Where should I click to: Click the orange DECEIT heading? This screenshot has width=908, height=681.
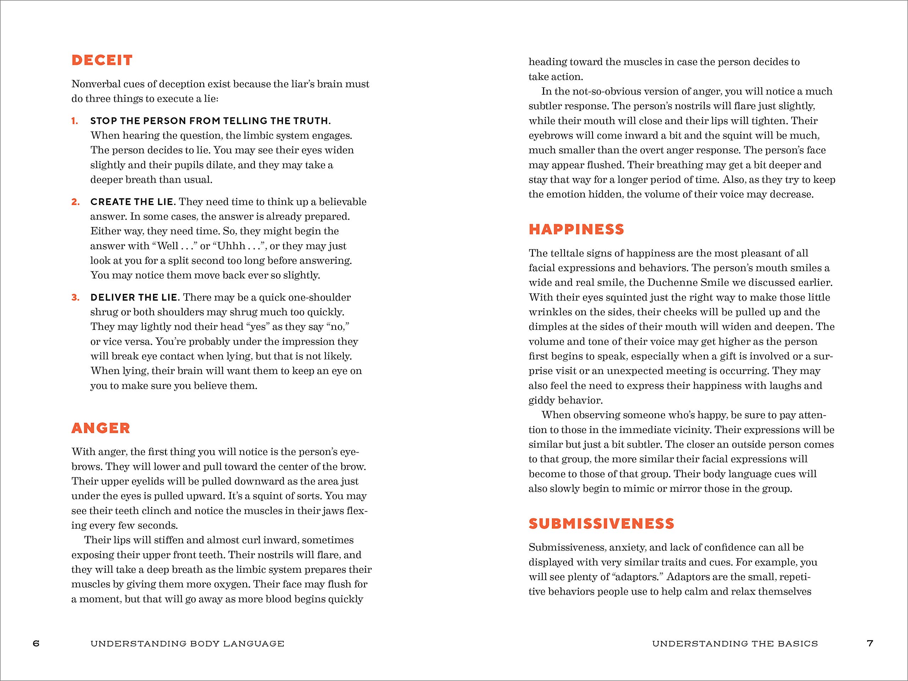[102, 60]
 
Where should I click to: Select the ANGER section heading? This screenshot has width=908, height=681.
[101, 428]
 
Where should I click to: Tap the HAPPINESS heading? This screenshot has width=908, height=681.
[576, 229]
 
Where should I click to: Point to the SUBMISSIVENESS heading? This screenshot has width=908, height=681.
[601, 524]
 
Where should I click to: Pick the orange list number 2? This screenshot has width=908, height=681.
[75, 201]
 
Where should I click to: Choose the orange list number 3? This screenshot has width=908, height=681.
[75, 297]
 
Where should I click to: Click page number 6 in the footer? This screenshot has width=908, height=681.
[36, 643]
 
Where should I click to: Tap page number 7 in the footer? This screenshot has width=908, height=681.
[870, 643]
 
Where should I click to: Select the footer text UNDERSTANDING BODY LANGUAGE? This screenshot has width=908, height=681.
[187, 644]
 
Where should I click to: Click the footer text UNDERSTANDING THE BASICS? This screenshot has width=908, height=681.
[735, 644]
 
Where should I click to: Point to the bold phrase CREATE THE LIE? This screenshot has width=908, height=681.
[133, 201]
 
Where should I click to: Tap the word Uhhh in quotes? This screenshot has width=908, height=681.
[231, 246]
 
